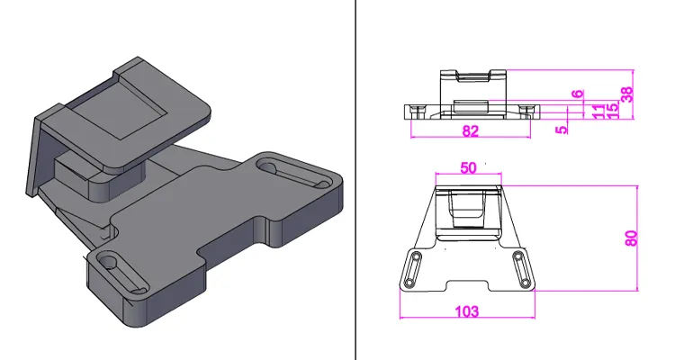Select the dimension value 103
pos(467,311)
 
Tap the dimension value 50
pos(468,167)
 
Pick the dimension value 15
pos(612,109)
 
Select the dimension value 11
pos(598,109)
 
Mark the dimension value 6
pos(578,94)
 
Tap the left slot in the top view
pos(413,269)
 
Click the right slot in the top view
pos(521,269)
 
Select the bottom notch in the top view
pos(467,285)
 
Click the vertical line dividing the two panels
pos(358,180)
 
